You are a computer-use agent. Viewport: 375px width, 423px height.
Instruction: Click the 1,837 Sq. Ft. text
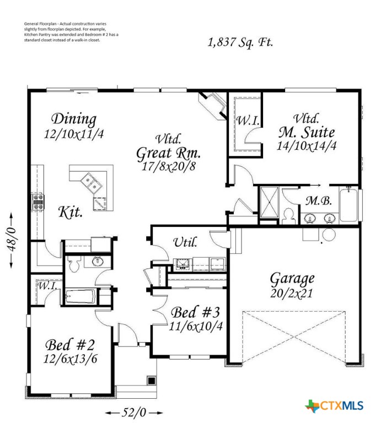point(240,42)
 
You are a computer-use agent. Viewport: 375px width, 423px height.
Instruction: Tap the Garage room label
point(292,278)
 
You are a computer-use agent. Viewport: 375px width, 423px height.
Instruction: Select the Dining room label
point(74,119)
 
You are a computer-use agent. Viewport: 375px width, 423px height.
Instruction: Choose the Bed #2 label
point(70,345)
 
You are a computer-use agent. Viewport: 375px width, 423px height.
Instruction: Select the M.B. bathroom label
point(319,202)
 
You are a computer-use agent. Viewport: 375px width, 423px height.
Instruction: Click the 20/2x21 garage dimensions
point(292,293)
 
